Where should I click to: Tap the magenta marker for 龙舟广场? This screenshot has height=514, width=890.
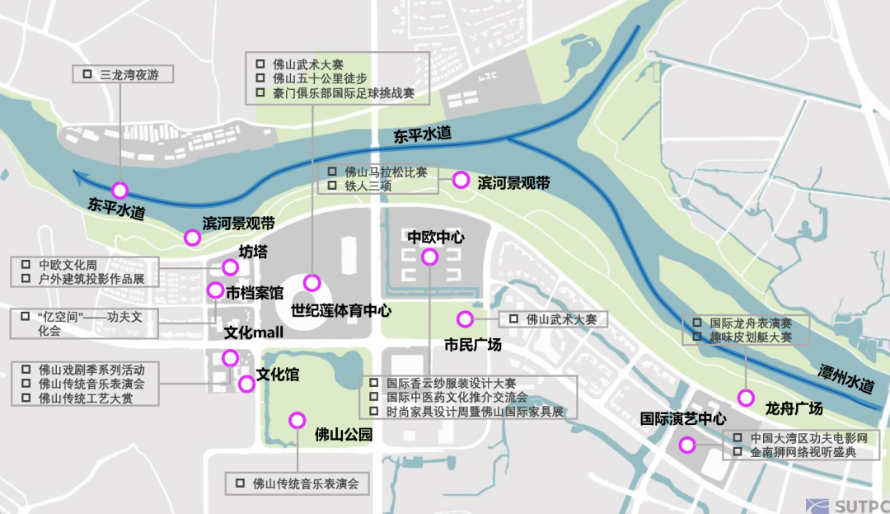pos(746,398)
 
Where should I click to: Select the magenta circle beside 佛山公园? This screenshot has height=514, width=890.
pos(297,420)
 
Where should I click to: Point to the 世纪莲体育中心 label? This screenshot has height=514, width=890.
pos(341,311)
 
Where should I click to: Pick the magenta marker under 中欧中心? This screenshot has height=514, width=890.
pos(429,257)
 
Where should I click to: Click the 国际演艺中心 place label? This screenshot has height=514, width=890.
pos(683,418)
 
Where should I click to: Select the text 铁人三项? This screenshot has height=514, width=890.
pos(368,186)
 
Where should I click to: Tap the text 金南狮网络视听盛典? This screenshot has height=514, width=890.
pos(803,452)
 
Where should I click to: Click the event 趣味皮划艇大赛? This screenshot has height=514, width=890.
pos(751,337)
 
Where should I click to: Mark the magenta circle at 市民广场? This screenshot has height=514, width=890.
pos(465,319)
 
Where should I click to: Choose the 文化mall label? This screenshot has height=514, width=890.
pos(254,332)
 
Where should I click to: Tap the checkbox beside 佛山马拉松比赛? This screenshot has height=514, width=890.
pos(331,172)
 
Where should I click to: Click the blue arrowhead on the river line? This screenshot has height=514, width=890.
pos(78,174)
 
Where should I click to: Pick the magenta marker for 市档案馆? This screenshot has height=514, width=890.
pos(215,290)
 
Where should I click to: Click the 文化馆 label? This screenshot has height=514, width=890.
pos(278,375)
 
